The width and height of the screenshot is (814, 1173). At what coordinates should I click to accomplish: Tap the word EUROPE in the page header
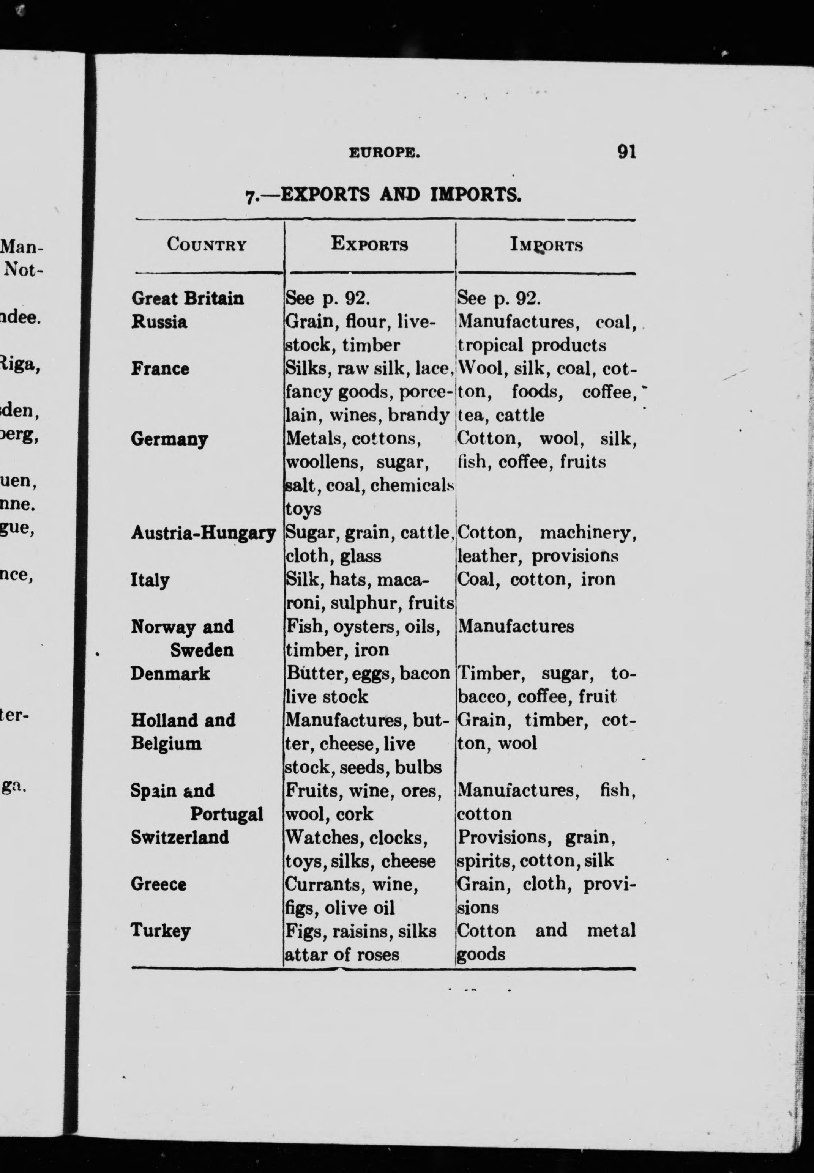click(385, 153)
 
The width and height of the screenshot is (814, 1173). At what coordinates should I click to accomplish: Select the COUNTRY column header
click(207, 245)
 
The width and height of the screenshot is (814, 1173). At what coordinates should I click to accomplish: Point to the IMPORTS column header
click(546, 245)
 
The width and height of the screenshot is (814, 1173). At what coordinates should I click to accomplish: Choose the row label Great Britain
click(187, 298)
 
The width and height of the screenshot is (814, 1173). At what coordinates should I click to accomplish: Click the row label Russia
click(159, 322)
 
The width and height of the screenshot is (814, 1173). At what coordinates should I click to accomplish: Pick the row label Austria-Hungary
click(203, 533)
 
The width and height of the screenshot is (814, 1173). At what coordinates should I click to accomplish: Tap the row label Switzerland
click(180, 837)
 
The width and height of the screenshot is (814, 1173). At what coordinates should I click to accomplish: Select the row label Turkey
click(160, 931)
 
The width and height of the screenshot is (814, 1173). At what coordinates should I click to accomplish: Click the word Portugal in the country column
click(226, 814)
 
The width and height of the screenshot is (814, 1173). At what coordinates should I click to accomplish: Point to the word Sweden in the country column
click(202, 650)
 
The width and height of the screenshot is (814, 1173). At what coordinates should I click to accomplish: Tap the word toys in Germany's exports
click(303, 509)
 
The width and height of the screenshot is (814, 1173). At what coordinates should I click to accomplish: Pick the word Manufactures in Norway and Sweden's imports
click(516, 626)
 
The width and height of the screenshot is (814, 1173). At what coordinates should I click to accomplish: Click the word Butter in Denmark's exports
click(310, 674)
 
